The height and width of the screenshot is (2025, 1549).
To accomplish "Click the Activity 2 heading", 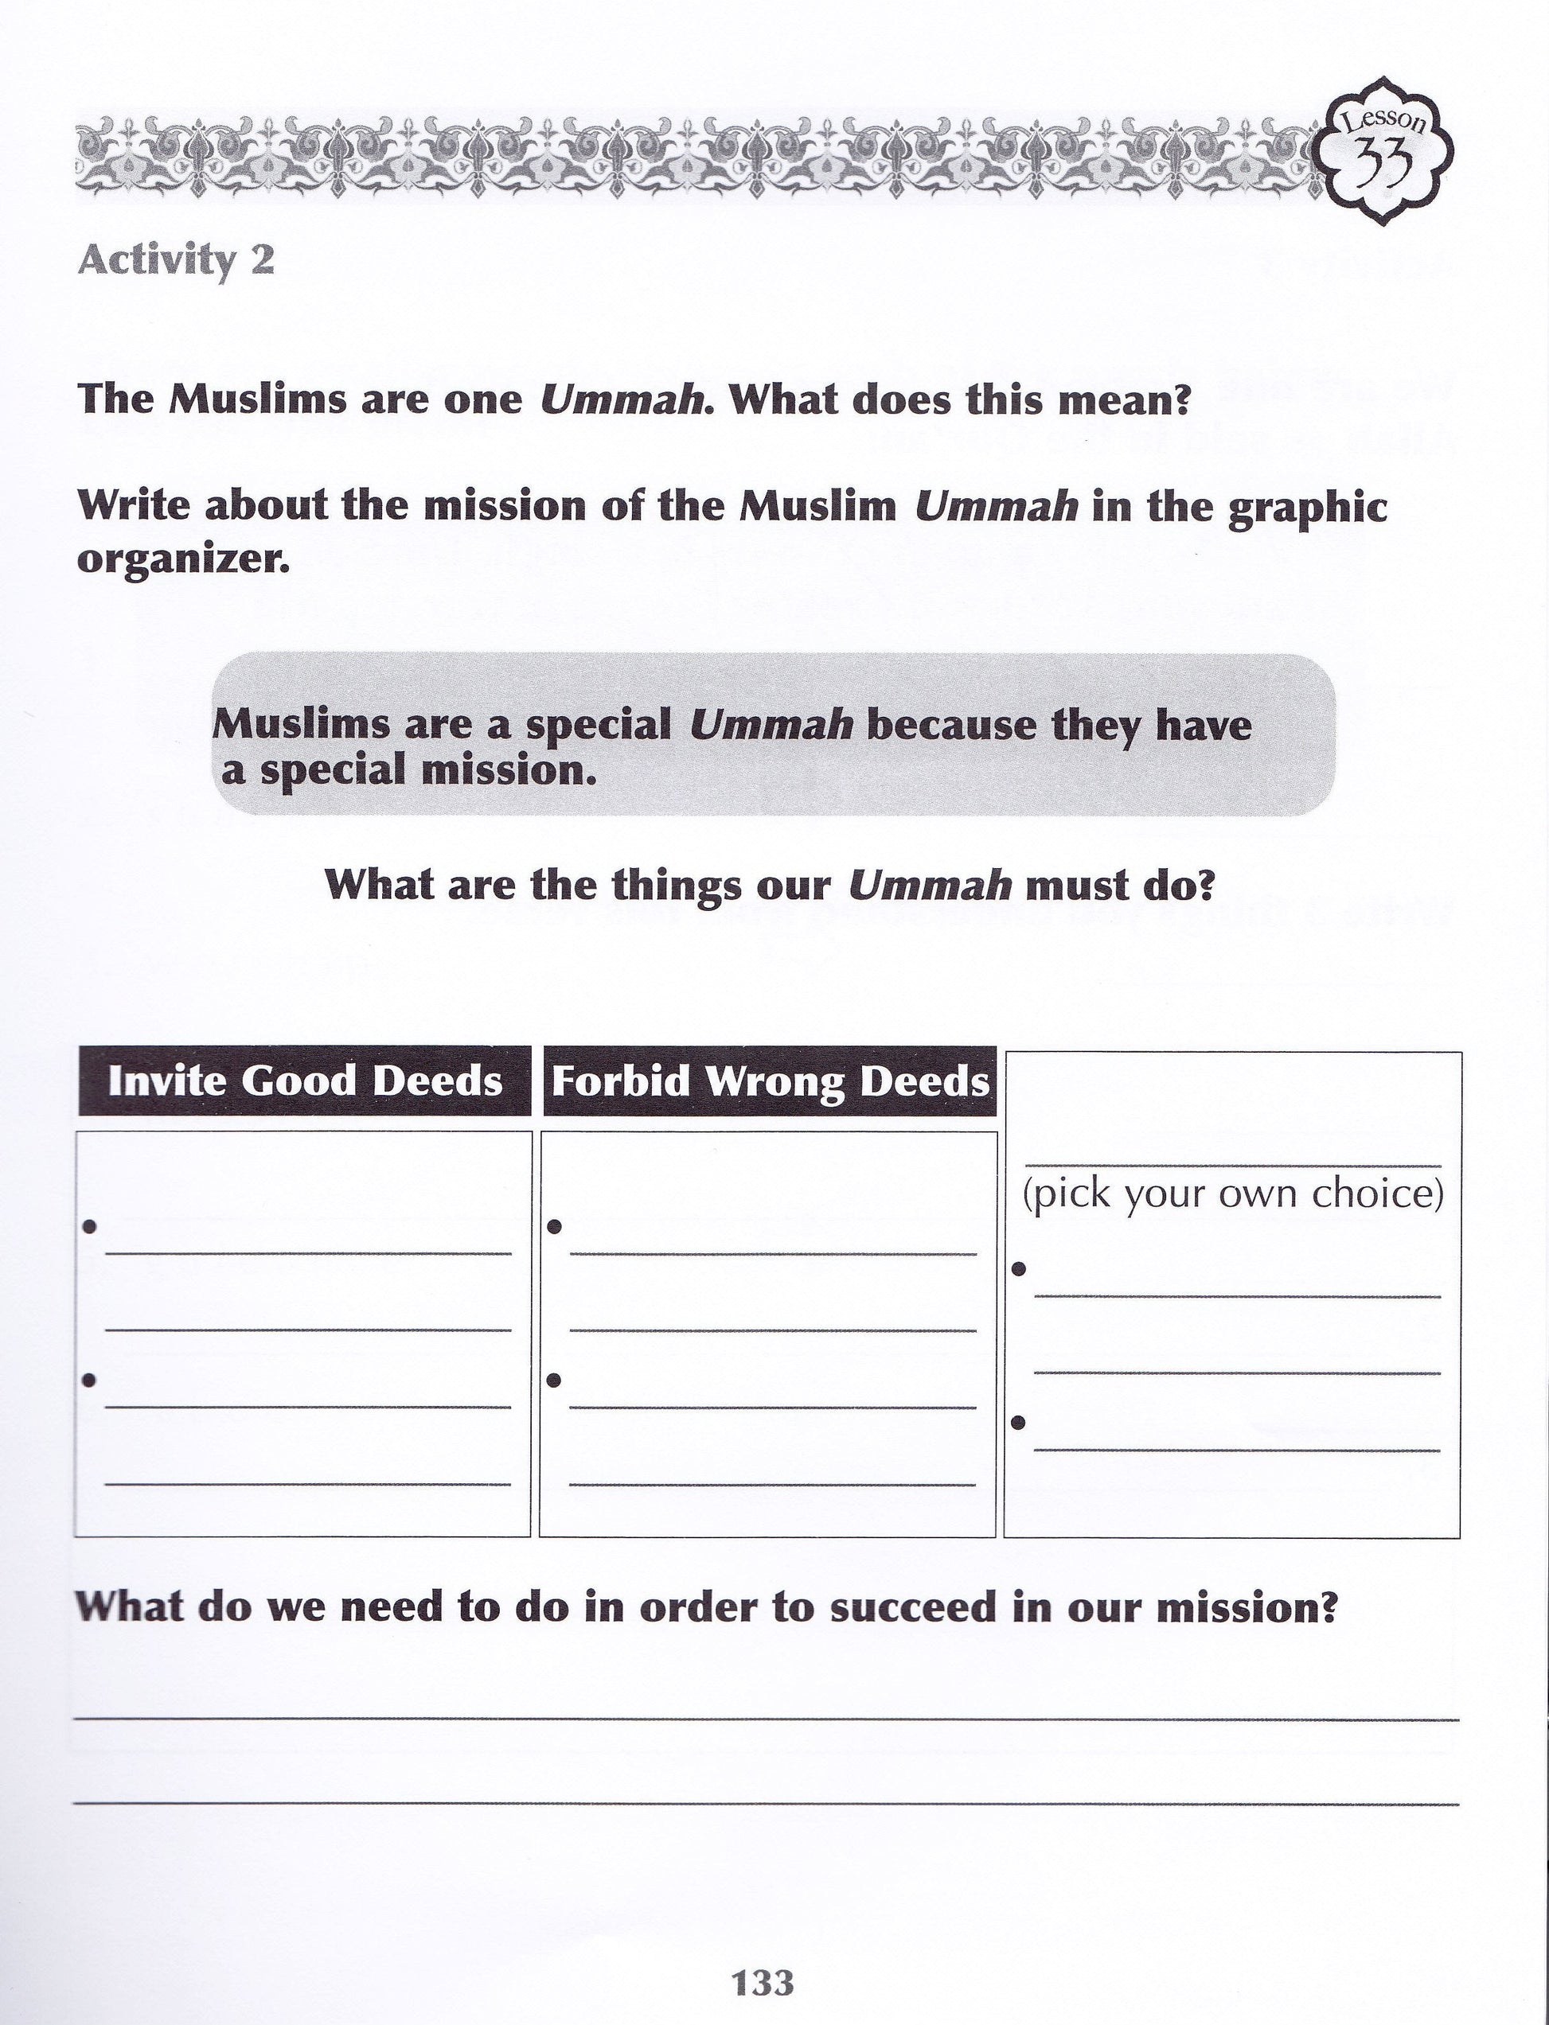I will (176, 261).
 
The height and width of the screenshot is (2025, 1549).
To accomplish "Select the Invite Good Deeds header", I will (304, 1081).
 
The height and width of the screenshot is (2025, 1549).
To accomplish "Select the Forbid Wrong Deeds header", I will (770, 1081).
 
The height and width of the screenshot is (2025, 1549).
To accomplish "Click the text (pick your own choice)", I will (1233, 1194).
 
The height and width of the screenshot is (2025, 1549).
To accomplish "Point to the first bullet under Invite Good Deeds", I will (89, 1227).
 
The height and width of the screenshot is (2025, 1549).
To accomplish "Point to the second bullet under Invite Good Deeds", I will (89, 1380).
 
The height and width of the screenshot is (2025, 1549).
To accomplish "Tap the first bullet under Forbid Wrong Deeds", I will (554, 1227).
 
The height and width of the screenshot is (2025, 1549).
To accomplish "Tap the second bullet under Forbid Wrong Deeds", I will (554, 1380).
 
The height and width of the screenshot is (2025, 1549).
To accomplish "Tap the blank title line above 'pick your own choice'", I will (1233, 1166).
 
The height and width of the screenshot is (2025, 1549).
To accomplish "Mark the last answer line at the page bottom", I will (765, 1804).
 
